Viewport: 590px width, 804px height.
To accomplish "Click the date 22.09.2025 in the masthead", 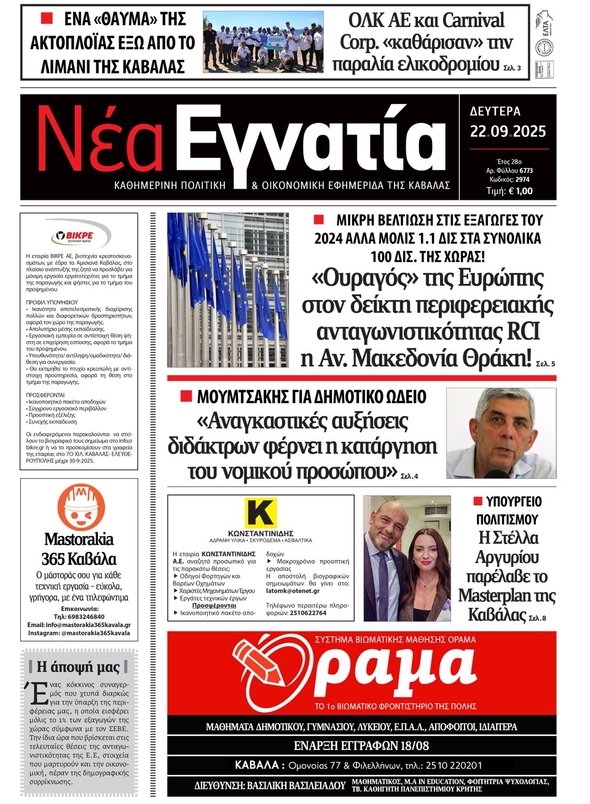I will [x=508, y=132].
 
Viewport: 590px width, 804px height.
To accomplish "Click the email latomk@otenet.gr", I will [x=293, y=591].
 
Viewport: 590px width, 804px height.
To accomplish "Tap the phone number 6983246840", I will [x=86, y=617].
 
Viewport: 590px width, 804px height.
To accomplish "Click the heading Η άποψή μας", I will [x=79, y=666].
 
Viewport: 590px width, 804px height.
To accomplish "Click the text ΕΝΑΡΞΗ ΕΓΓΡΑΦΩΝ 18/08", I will [x=361, y=746].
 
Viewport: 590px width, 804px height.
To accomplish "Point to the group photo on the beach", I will [x=264, y=42].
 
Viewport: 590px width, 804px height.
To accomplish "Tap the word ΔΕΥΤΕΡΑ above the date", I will [x=495, y=111].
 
